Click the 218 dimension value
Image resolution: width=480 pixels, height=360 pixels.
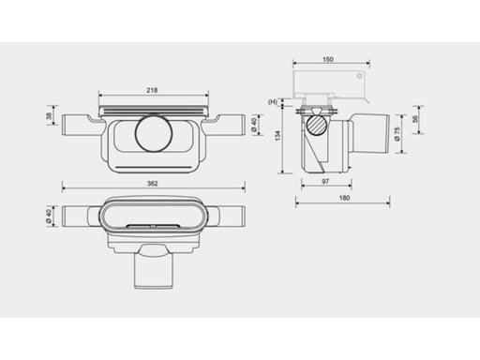(x=152, y=90)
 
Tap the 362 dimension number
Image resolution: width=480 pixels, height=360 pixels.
(x=153, y=184)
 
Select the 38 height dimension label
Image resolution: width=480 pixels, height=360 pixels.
(x=49, y=116)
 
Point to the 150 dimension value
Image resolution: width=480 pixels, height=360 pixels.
(x=328, y=59)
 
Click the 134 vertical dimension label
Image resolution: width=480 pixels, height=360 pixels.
(x=277, y=136)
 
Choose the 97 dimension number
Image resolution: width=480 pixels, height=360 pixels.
(x=325, y=181)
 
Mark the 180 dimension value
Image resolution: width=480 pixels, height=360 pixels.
(x=344, y=198)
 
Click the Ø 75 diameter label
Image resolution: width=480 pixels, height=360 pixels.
(x=397, y=134)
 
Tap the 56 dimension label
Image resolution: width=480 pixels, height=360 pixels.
(x=415, y=119)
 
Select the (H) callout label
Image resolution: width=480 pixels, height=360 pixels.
(x=273, y=102)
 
